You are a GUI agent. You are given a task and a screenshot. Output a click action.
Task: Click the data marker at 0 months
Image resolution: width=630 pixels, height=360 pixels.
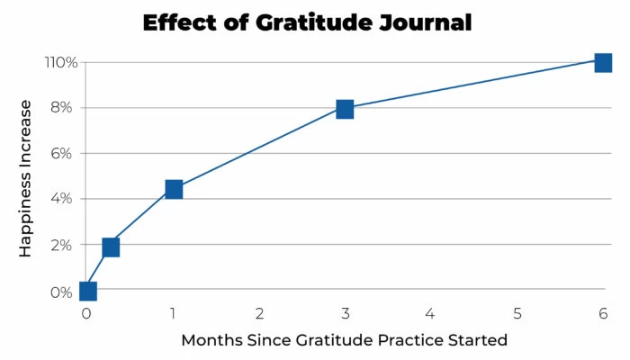click(x=87, y=291)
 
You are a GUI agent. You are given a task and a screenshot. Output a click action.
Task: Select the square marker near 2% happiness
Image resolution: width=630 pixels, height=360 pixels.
click(x=111, y=247)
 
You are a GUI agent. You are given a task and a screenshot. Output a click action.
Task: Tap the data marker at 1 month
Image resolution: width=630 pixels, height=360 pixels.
click(x=174, y=189)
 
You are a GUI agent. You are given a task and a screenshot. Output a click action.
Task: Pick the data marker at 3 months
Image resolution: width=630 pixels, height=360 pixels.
click(x=345, y=109)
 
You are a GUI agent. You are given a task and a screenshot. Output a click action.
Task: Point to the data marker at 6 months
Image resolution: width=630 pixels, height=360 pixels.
click(x=603, y=62)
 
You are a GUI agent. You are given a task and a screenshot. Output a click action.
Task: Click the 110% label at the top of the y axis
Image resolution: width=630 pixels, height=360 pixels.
click(x=57, y=63)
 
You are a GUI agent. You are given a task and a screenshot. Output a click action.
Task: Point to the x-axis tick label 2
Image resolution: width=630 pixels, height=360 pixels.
click(x=259, y=314)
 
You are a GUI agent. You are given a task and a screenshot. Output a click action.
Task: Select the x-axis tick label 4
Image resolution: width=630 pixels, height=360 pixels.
click(x=430, y=314)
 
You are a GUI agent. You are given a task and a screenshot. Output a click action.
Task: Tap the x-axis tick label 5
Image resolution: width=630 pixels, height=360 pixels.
click(x=517, y=314)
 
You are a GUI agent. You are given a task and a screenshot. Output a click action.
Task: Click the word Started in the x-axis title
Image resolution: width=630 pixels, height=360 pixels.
click(x=476, y=340)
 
